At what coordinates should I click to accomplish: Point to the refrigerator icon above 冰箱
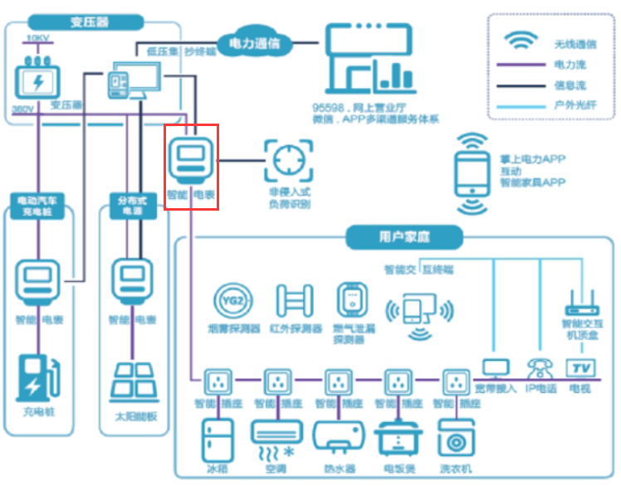[217, 440]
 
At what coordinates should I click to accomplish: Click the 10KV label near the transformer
[37, 38]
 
